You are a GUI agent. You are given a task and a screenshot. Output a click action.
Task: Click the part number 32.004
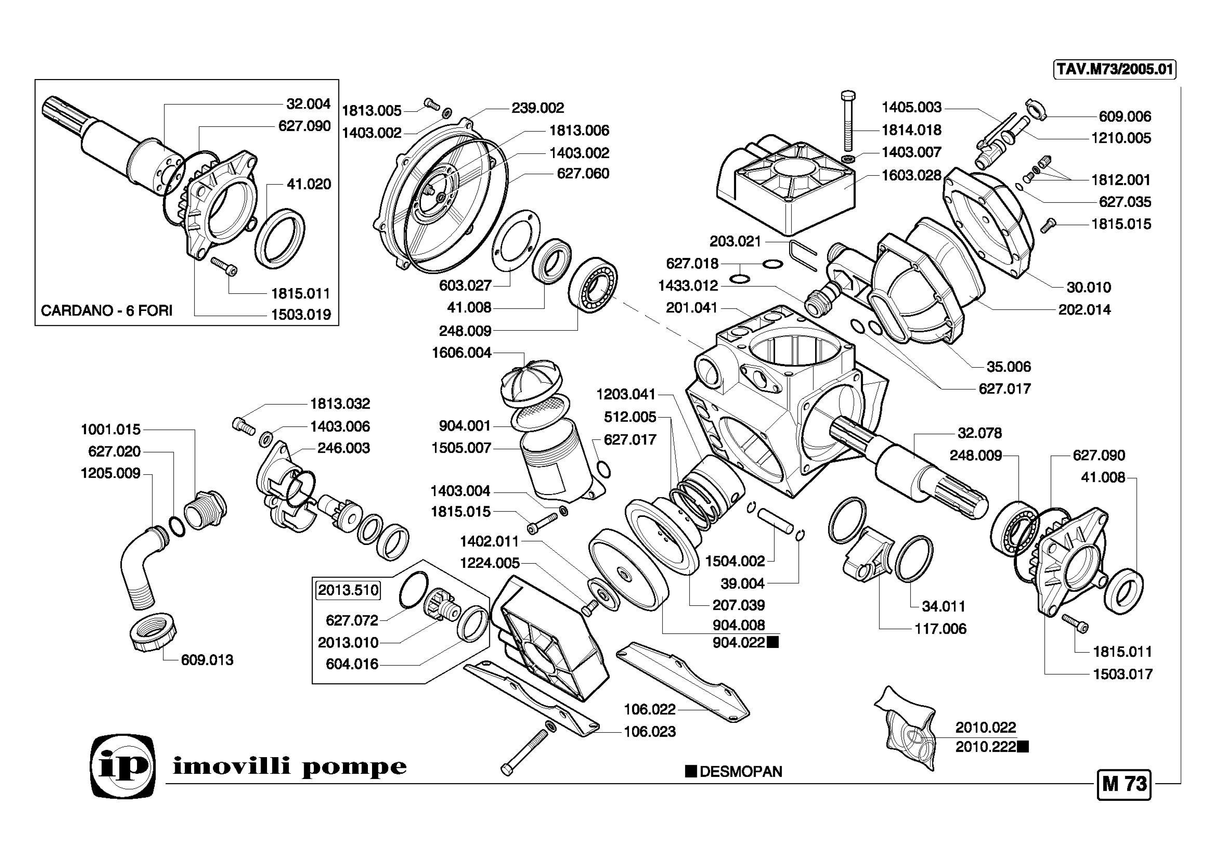coord(308,104)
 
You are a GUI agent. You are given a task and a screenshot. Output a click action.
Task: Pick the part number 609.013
coord(207,660)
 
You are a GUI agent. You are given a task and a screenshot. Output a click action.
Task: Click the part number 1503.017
coord(1123,674)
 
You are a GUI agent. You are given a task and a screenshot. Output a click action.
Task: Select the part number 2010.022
coord(986,727)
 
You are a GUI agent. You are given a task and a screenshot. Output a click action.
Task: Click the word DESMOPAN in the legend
coord(740,772)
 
